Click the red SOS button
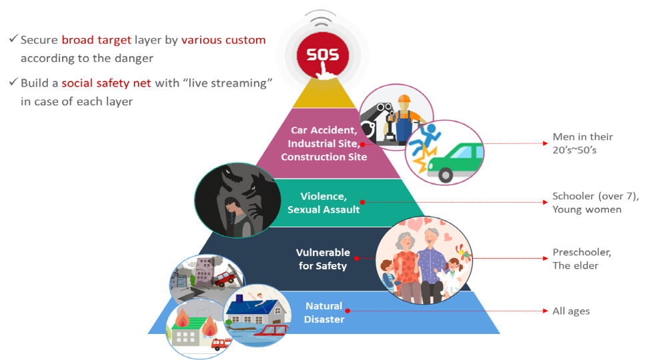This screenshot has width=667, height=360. click(x=322, y=55)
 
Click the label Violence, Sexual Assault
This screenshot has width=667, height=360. click(x=323, y=203)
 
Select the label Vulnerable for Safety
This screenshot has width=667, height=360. click(x=323, y=259)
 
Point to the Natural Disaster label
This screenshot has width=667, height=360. click(x=324, y=313)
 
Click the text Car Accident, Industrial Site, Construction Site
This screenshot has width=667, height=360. click(x=323, y=143)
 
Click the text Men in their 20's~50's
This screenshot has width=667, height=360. click(x=582, y=143)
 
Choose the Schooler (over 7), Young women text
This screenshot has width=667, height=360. click(x=596, y=203)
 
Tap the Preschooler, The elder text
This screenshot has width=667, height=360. click(x=582, y=259)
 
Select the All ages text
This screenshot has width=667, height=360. click(x=571, y=311)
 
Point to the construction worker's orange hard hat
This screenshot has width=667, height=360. click(x=404, y=99)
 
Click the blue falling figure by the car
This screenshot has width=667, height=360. click(x=424, y=143)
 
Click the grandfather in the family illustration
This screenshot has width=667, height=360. click(x=430, y=263)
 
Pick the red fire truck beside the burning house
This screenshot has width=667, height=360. click(x=221, y=343)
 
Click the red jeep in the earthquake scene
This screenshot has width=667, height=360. click(x=225, y=279)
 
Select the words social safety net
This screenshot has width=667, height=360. click(x=106, y=83)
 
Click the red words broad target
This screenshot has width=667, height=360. click(x=97, y=39)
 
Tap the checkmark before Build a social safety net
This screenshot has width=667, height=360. click(x=13, y=81)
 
